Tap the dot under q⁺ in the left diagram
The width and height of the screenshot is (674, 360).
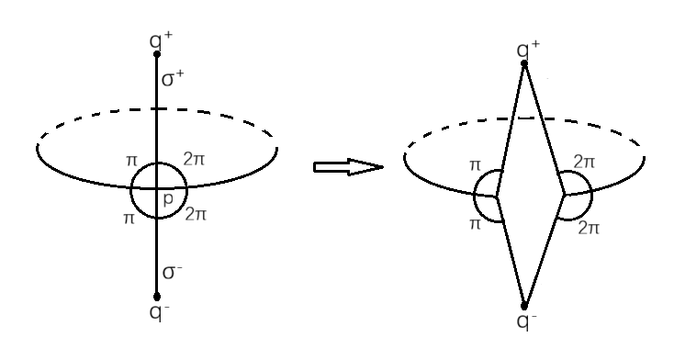pos(157,54)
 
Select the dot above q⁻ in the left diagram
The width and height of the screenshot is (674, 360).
pos(157,297)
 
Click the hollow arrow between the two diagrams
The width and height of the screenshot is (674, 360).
pos(347,167)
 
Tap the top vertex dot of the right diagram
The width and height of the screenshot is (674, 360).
pos(524,63)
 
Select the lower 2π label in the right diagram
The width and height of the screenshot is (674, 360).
pos(589,227)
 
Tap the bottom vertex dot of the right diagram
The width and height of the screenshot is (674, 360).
pos(524,306)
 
